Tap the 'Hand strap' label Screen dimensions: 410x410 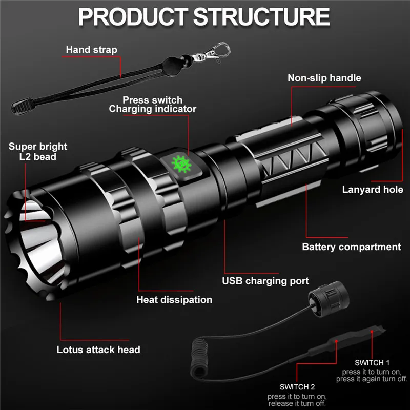(91, 50)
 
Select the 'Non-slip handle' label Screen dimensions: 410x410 (324, 78)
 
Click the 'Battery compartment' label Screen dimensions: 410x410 (351, 247)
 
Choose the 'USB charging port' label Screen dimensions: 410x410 (265, 280)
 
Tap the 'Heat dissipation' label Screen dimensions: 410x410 (174, 300)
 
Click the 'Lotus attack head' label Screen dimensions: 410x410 (98, 350)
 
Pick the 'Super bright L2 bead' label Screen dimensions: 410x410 (38, 151)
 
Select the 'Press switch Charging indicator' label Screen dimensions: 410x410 (152, 104)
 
